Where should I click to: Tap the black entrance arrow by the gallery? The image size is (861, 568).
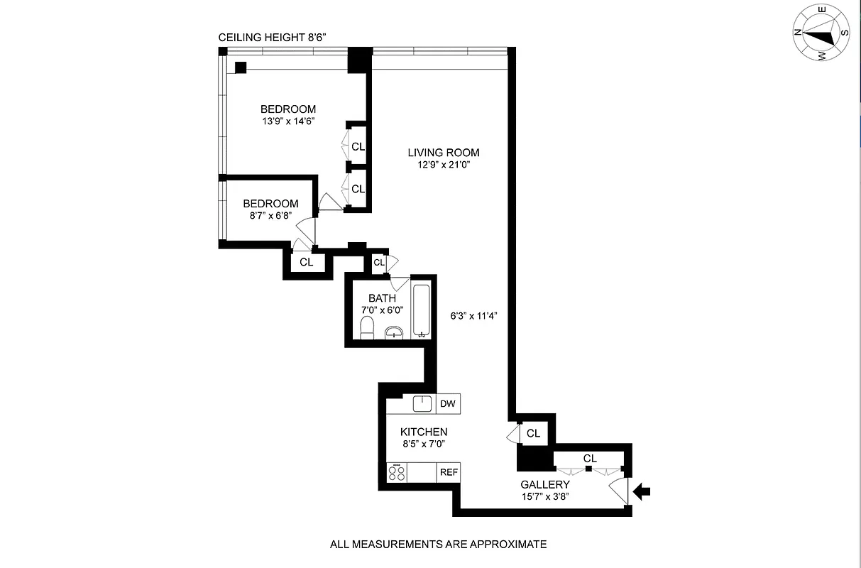click(x=642, y=491)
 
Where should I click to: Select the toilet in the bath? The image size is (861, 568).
click(x=367, y=328)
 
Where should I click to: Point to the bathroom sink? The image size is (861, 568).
click(x=394, y=332)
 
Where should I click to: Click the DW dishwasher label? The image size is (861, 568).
click(x=447, y=404)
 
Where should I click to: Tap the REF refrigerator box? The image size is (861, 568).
click(x=449, y=472)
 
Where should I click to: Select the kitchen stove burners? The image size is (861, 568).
click(x=396, y=472)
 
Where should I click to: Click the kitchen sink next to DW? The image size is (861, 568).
click(x=422, y=403)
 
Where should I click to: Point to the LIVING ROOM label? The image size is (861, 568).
click(x=443, y=153)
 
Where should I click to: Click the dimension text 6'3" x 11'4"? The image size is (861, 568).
click(x=478, y=316)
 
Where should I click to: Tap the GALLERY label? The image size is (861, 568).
click(x=545, y=485)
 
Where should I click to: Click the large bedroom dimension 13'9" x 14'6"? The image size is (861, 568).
click(x=287, y=121)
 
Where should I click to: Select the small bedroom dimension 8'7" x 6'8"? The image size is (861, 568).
click(x=270, y=216)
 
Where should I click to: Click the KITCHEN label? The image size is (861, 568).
click(x=424, y=432)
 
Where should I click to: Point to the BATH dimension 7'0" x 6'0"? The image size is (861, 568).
click(x=382, y=310)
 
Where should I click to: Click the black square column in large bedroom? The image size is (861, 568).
click(x=241, y=67)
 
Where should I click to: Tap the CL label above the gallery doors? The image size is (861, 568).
click(x=590, y=459)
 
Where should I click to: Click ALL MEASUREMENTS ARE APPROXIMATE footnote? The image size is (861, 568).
click(x=438, y=545)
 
